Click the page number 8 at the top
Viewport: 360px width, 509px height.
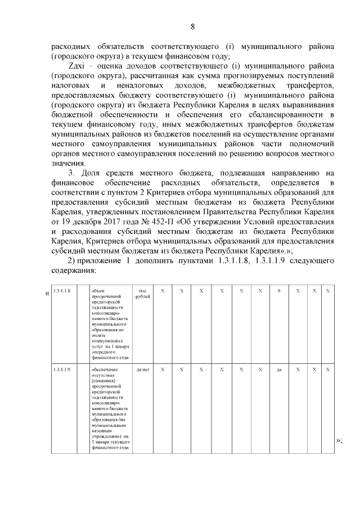(x=192, y=26)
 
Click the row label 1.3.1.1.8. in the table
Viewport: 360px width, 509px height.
(x=61, y=290)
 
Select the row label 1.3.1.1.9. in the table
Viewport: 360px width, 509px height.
(x=61, y=370)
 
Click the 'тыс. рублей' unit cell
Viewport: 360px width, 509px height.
(x=141, y=293)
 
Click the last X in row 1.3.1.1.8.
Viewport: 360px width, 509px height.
(x=327, y=290)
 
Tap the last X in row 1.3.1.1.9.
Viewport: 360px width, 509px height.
(x=327, y=370)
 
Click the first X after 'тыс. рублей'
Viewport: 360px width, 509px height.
(x=163, y=290)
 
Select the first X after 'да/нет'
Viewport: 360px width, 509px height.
(x=163, y=370)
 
